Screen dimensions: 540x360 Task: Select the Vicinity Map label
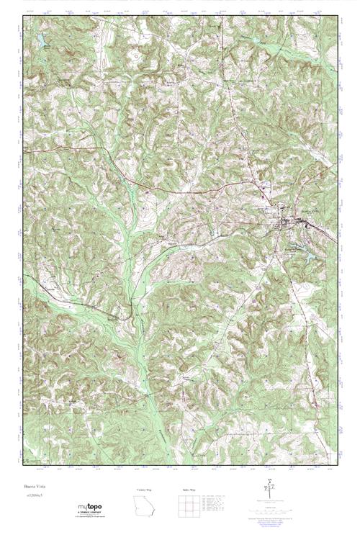coord(144,490)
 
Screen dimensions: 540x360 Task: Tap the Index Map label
coord(187,490)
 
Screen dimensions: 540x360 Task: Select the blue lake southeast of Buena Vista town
coord(308,253)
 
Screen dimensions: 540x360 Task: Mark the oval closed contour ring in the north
coord(135,55)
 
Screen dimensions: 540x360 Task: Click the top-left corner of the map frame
coord(24,13)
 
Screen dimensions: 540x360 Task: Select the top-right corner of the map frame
coord(337,13)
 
